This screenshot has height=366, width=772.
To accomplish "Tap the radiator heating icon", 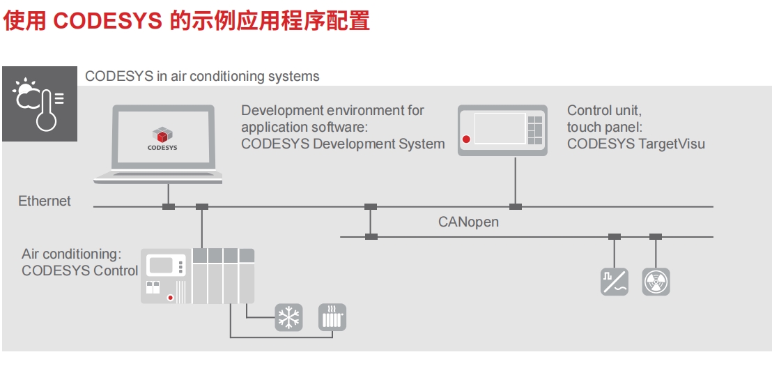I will pos(332,317).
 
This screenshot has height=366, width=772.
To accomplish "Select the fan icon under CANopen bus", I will pos(656,282).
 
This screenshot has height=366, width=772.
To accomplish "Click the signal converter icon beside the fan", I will pos(615,282).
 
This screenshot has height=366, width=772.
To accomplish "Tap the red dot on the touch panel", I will pos(466,139).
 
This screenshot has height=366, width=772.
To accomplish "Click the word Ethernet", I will pos(45,201).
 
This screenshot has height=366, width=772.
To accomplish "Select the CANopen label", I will pos(468,222).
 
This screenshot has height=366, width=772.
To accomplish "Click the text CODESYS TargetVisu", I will pos(635,144).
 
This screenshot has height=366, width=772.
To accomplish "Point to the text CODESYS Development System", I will pos(342,144).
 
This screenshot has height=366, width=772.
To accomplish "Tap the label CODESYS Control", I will pos(79,271).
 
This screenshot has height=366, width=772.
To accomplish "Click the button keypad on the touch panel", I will pos(535,129).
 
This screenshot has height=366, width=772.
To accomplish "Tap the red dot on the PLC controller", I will pos(171,298).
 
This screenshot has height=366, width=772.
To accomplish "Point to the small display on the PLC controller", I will pos(161,266).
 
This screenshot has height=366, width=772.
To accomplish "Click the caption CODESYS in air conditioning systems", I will pos(202,77).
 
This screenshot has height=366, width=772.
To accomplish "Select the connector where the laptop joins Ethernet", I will pos(168,206).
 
